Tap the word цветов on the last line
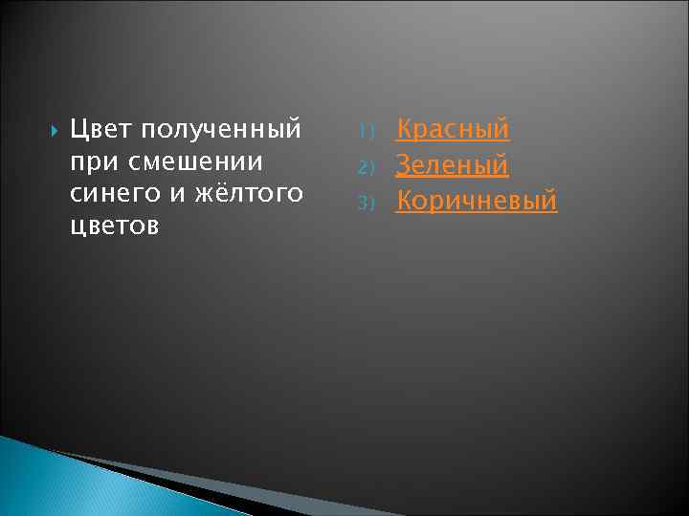[x=113, y=227]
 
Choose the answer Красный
[x=453, y=129]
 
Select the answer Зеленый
[x=452, y=165]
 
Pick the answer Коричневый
[x=477, y=202]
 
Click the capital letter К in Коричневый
[x=406, y=202]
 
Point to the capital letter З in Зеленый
[x=405, y=165]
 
